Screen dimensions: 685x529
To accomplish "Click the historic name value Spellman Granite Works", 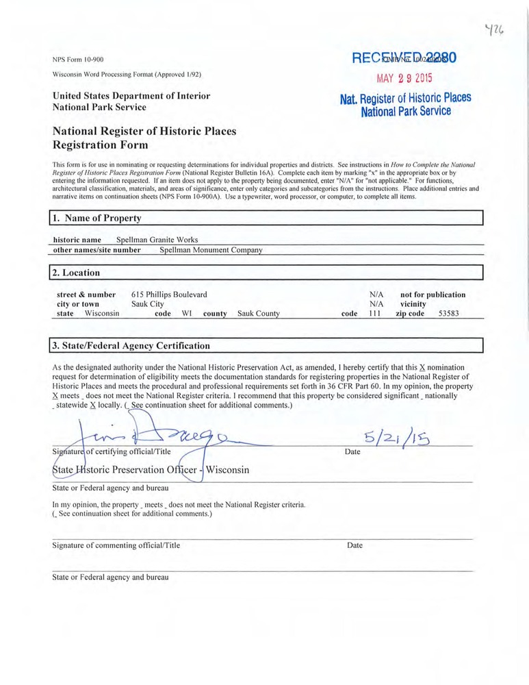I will (x=157, y=240).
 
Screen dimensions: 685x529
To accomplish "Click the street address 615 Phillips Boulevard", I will (x=169, y=295).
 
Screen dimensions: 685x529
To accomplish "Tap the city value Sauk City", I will (x=147, y=304).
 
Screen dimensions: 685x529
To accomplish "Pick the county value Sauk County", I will (x=259, y=314).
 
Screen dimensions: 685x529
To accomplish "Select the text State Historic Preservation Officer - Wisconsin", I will (x=151, y=471).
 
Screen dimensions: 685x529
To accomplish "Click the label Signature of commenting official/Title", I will (x=116, y=545).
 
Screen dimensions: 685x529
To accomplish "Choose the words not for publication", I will (x=433, y=295).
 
